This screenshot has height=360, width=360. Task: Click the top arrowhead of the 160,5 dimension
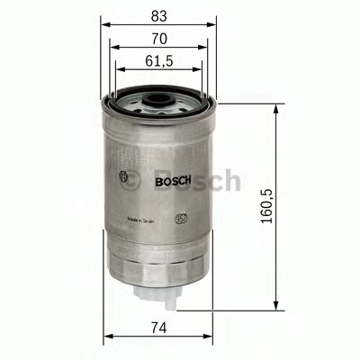coord(273,106)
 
